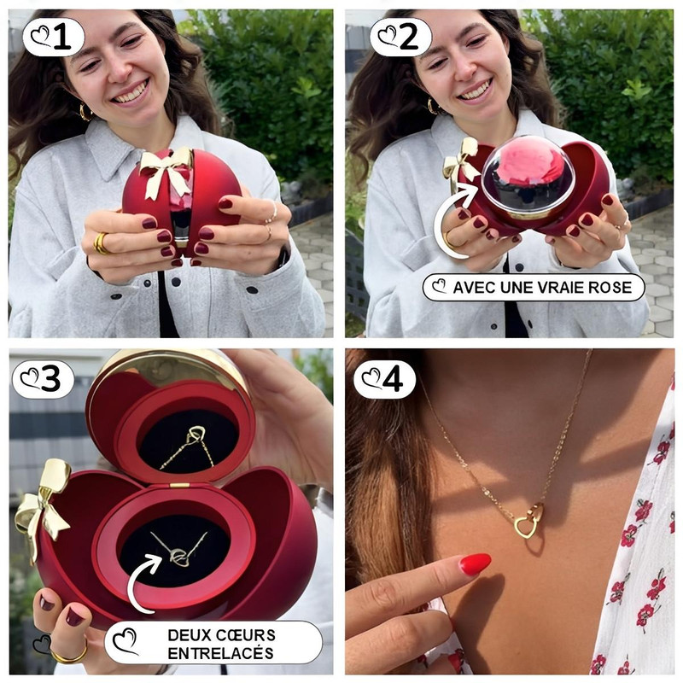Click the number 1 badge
click(x=53, y=37)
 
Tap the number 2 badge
click(x=400, y=37)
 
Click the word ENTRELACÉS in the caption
click(x=220, y=653)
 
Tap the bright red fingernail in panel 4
click(x=476, y=563)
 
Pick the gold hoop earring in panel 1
click(x=85, y=112)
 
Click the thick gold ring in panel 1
click(x=101, y=243)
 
